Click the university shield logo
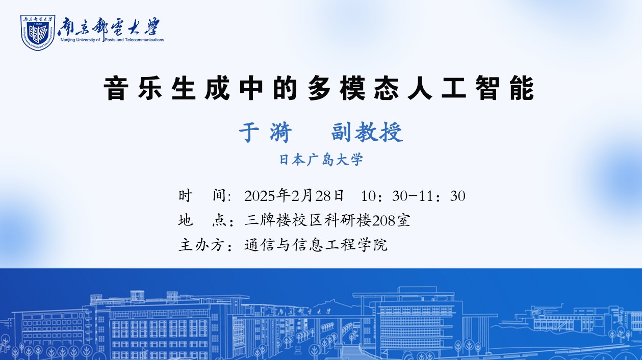[38, 33]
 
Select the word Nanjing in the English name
[68, 40]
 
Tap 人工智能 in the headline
[471, 88]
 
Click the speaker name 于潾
[265, 132]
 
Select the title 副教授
[367, 132]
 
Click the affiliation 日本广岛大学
[321, 160]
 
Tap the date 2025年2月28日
[294, 196]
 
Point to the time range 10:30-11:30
[413, 196]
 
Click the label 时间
[205, 196]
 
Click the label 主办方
[206, 245]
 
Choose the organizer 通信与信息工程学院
[316, 245]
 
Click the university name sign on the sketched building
[303, 311]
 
